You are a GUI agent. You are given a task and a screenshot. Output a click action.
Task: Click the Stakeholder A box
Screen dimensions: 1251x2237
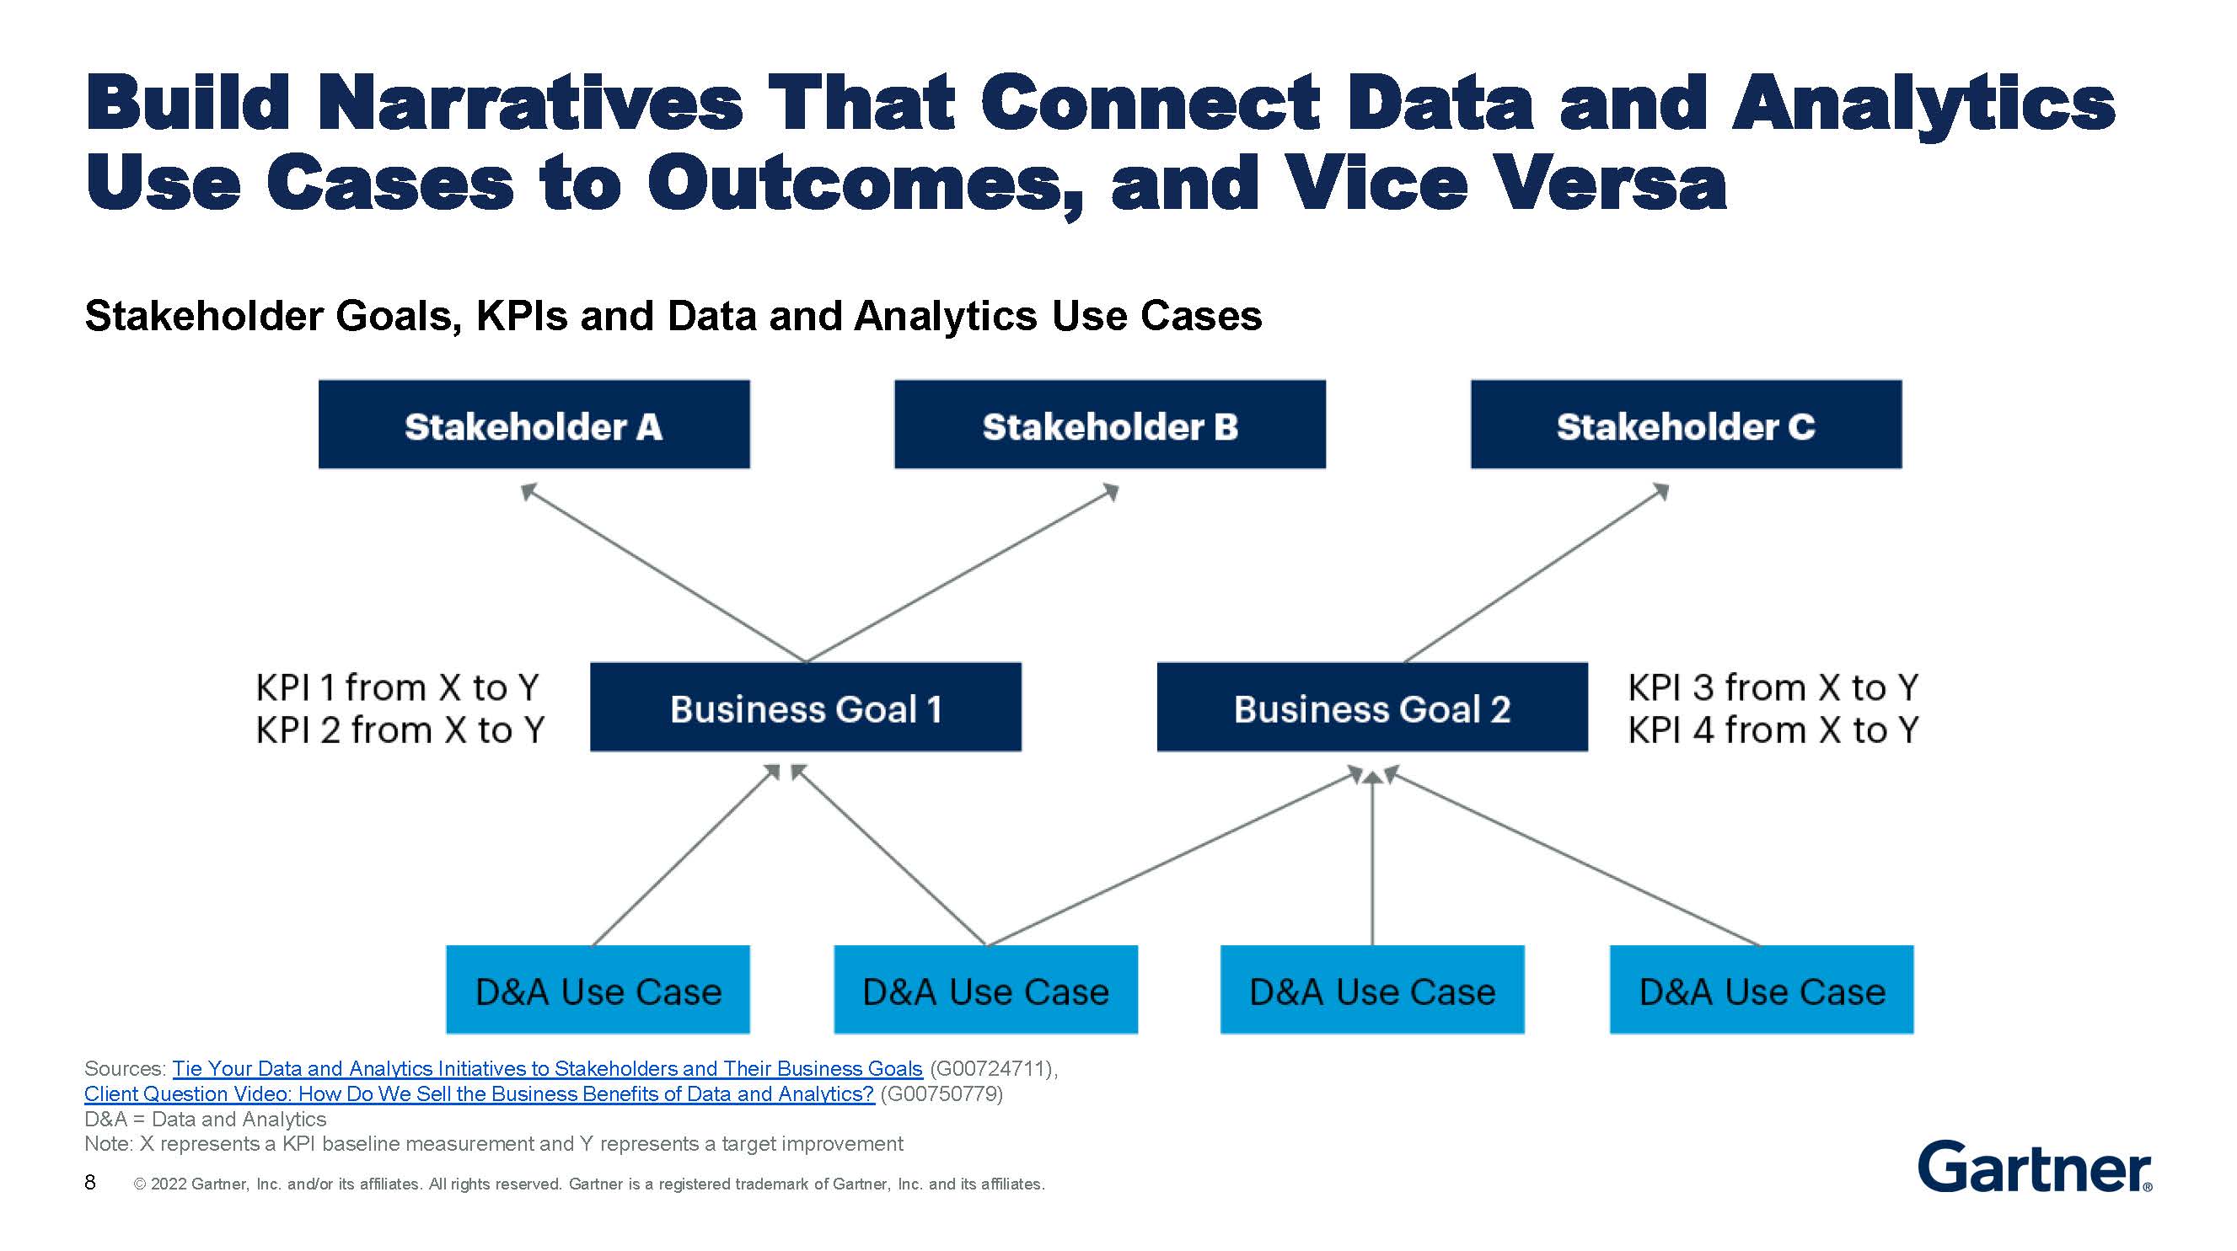tap(534, 425)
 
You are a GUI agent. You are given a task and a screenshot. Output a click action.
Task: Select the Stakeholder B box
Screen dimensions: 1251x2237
tap(1109, 425)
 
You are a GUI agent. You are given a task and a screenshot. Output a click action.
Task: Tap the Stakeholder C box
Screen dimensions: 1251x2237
tap(1685, 425)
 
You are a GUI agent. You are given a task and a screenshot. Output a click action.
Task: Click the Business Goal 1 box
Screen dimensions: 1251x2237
tap(805, 708)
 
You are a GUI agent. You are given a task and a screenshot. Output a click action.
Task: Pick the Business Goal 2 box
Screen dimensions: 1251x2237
tap(1371, 708)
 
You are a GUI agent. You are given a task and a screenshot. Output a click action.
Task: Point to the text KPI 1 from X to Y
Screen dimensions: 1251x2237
tap(397, 687)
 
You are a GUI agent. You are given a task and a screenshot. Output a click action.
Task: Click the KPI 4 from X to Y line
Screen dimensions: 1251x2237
tap(1773, 730)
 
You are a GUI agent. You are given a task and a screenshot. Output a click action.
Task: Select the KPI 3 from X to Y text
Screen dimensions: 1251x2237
tap(1773, 687)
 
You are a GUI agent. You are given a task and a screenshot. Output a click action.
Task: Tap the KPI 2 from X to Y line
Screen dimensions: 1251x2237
tap(400, 730)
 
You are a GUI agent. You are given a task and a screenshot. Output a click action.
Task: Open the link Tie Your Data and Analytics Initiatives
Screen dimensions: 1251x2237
tap(546, 1069)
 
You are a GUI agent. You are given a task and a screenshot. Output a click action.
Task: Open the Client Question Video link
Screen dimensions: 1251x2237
tap(479, 1093)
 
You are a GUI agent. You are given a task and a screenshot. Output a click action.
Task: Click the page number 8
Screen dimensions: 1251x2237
tap(90, 1183)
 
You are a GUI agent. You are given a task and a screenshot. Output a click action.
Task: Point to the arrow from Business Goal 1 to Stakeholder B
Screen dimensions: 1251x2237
tap(962, 574)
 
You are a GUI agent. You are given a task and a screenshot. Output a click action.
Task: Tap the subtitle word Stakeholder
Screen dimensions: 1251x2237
tap(204, 316)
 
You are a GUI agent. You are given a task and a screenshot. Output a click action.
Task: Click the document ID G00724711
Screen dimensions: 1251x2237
tap(990, 1069)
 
